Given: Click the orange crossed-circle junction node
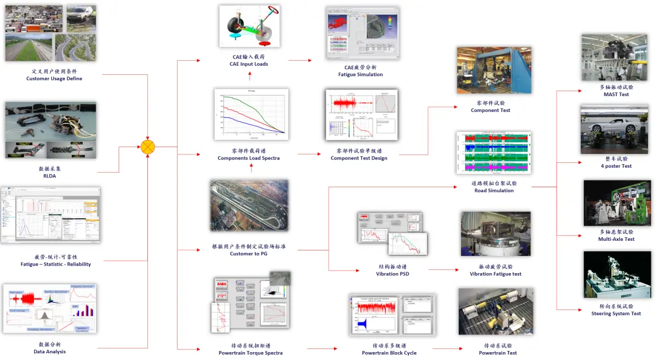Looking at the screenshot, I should tap(148, 147).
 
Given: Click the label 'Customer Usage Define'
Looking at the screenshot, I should tap(54, 78).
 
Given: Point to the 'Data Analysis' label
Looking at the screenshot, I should tap(50, 351).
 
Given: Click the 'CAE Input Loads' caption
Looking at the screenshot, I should tap(248, 64).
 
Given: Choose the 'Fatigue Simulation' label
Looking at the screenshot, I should tap(360, 74).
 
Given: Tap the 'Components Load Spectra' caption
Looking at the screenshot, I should tap(248, 158).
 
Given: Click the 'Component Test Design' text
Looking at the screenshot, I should tap(358, 158).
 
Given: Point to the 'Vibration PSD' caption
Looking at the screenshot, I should tap(392, 274).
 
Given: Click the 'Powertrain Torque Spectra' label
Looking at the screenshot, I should tap(250, 353).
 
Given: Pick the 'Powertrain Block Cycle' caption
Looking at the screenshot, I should tap(389, 353).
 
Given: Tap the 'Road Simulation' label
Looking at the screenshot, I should tap(493, 190).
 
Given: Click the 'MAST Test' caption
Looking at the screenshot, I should tap(616, 94).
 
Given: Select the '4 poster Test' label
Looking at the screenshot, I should tap(616, 166).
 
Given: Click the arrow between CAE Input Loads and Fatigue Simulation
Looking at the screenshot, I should tap(300, 60).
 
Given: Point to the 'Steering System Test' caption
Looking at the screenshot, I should tap(616, 314).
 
